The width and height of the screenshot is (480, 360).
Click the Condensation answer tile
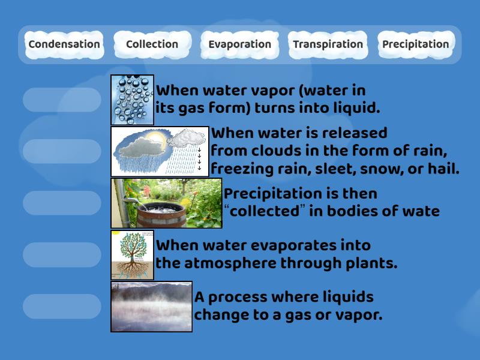[x=64, y=44]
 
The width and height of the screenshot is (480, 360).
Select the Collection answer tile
[x=152, y=44]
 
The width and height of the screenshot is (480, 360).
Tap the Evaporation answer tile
[x=239, y=44]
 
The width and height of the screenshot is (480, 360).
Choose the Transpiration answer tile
[x=328, y=44]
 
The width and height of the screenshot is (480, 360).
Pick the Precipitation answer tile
[x=415, y=44]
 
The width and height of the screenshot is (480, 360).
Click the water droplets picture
[x=133, y=100]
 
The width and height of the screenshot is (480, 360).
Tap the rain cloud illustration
[x=160, y=151]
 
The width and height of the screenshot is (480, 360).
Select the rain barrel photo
[x=166, y=203]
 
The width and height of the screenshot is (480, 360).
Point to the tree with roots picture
[x=133, y=254]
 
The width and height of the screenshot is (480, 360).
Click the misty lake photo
[x=152, y=306]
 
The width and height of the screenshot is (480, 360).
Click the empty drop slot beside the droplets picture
[x=62, y=100]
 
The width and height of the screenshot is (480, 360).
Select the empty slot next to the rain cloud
[x=62, y=151]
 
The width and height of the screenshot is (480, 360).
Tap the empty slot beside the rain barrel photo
[x=62, y=203]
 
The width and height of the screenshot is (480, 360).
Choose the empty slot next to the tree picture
[x=62, y=254]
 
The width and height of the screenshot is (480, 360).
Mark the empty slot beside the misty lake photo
[x=62, y=306]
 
